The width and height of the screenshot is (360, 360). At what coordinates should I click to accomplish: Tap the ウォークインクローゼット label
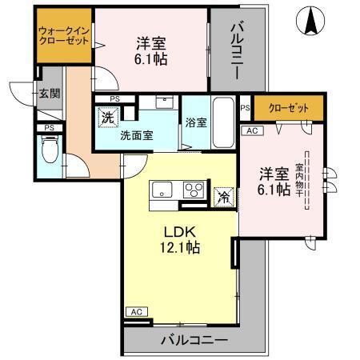pos(63,38)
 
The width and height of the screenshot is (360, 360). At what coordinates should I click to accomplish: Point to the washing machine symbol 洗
pos(108,118)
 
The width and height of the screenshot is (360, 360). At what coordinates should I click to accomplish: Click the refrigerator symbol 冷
pos(224,195)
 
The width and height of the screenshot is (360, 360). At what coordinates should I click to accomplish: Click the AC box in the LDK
pos(135,312)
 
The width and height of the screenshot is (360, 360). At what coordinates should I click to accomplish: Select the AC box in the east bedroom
pos(250,130)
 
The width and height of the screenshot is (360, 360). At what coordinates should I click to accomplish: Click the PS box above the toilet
pos(49,127)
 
